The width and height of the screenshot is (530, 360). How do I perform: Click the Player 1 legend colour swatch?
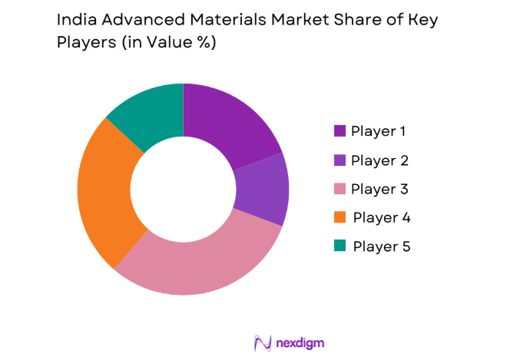(x=340, y=130)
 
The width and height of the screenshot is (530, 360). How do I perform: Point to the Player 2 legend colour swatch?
(x=340, y=160)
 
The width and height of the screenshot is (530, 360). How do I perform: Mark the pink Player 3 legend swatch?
(x=340, y=189)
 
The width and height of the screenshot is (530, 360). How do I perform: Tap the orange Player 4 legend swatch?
(x=340, y=218)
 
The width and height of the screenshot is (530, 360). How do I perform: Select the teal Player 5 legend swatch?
(x=340, y=246)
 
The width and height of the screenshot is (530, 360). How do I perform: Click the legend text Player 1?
(x=379, y=130)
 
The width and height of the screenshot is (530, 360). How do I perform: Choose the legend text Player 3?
(x=379, y=189)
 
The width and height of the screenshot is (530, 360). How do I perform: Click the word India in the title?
(x=75, y=20)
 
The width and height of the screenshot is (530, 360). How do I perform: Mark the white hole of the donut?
(x=183, y=188)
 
